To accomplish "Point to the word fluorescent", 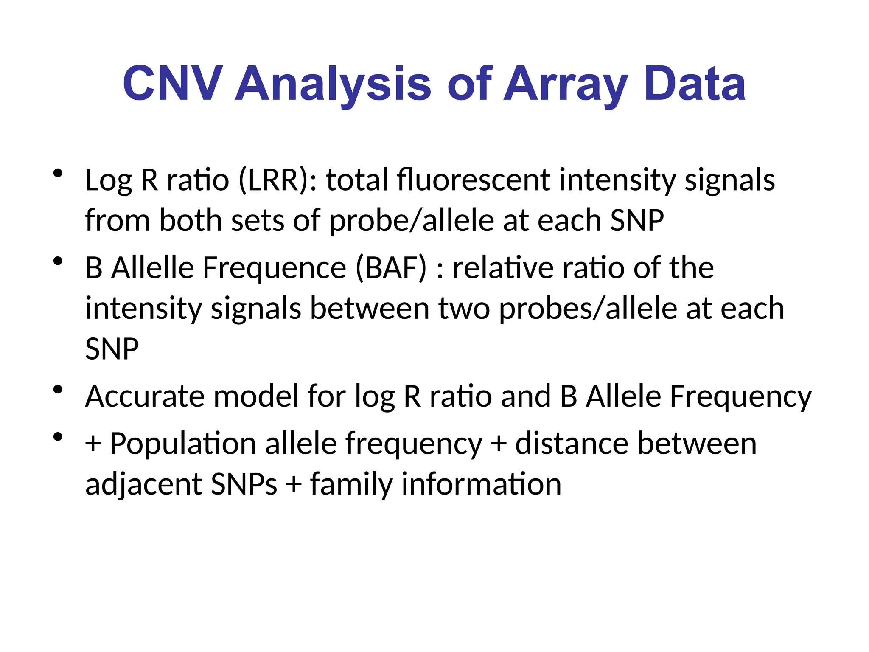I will (473, 180).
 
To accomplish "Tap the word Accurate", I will (145, 396).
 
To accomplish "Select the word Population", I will (183, 444).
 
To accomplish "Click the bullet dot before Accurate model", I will (58, 390).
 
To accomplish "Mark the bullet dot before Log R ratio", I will (58, 173).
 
